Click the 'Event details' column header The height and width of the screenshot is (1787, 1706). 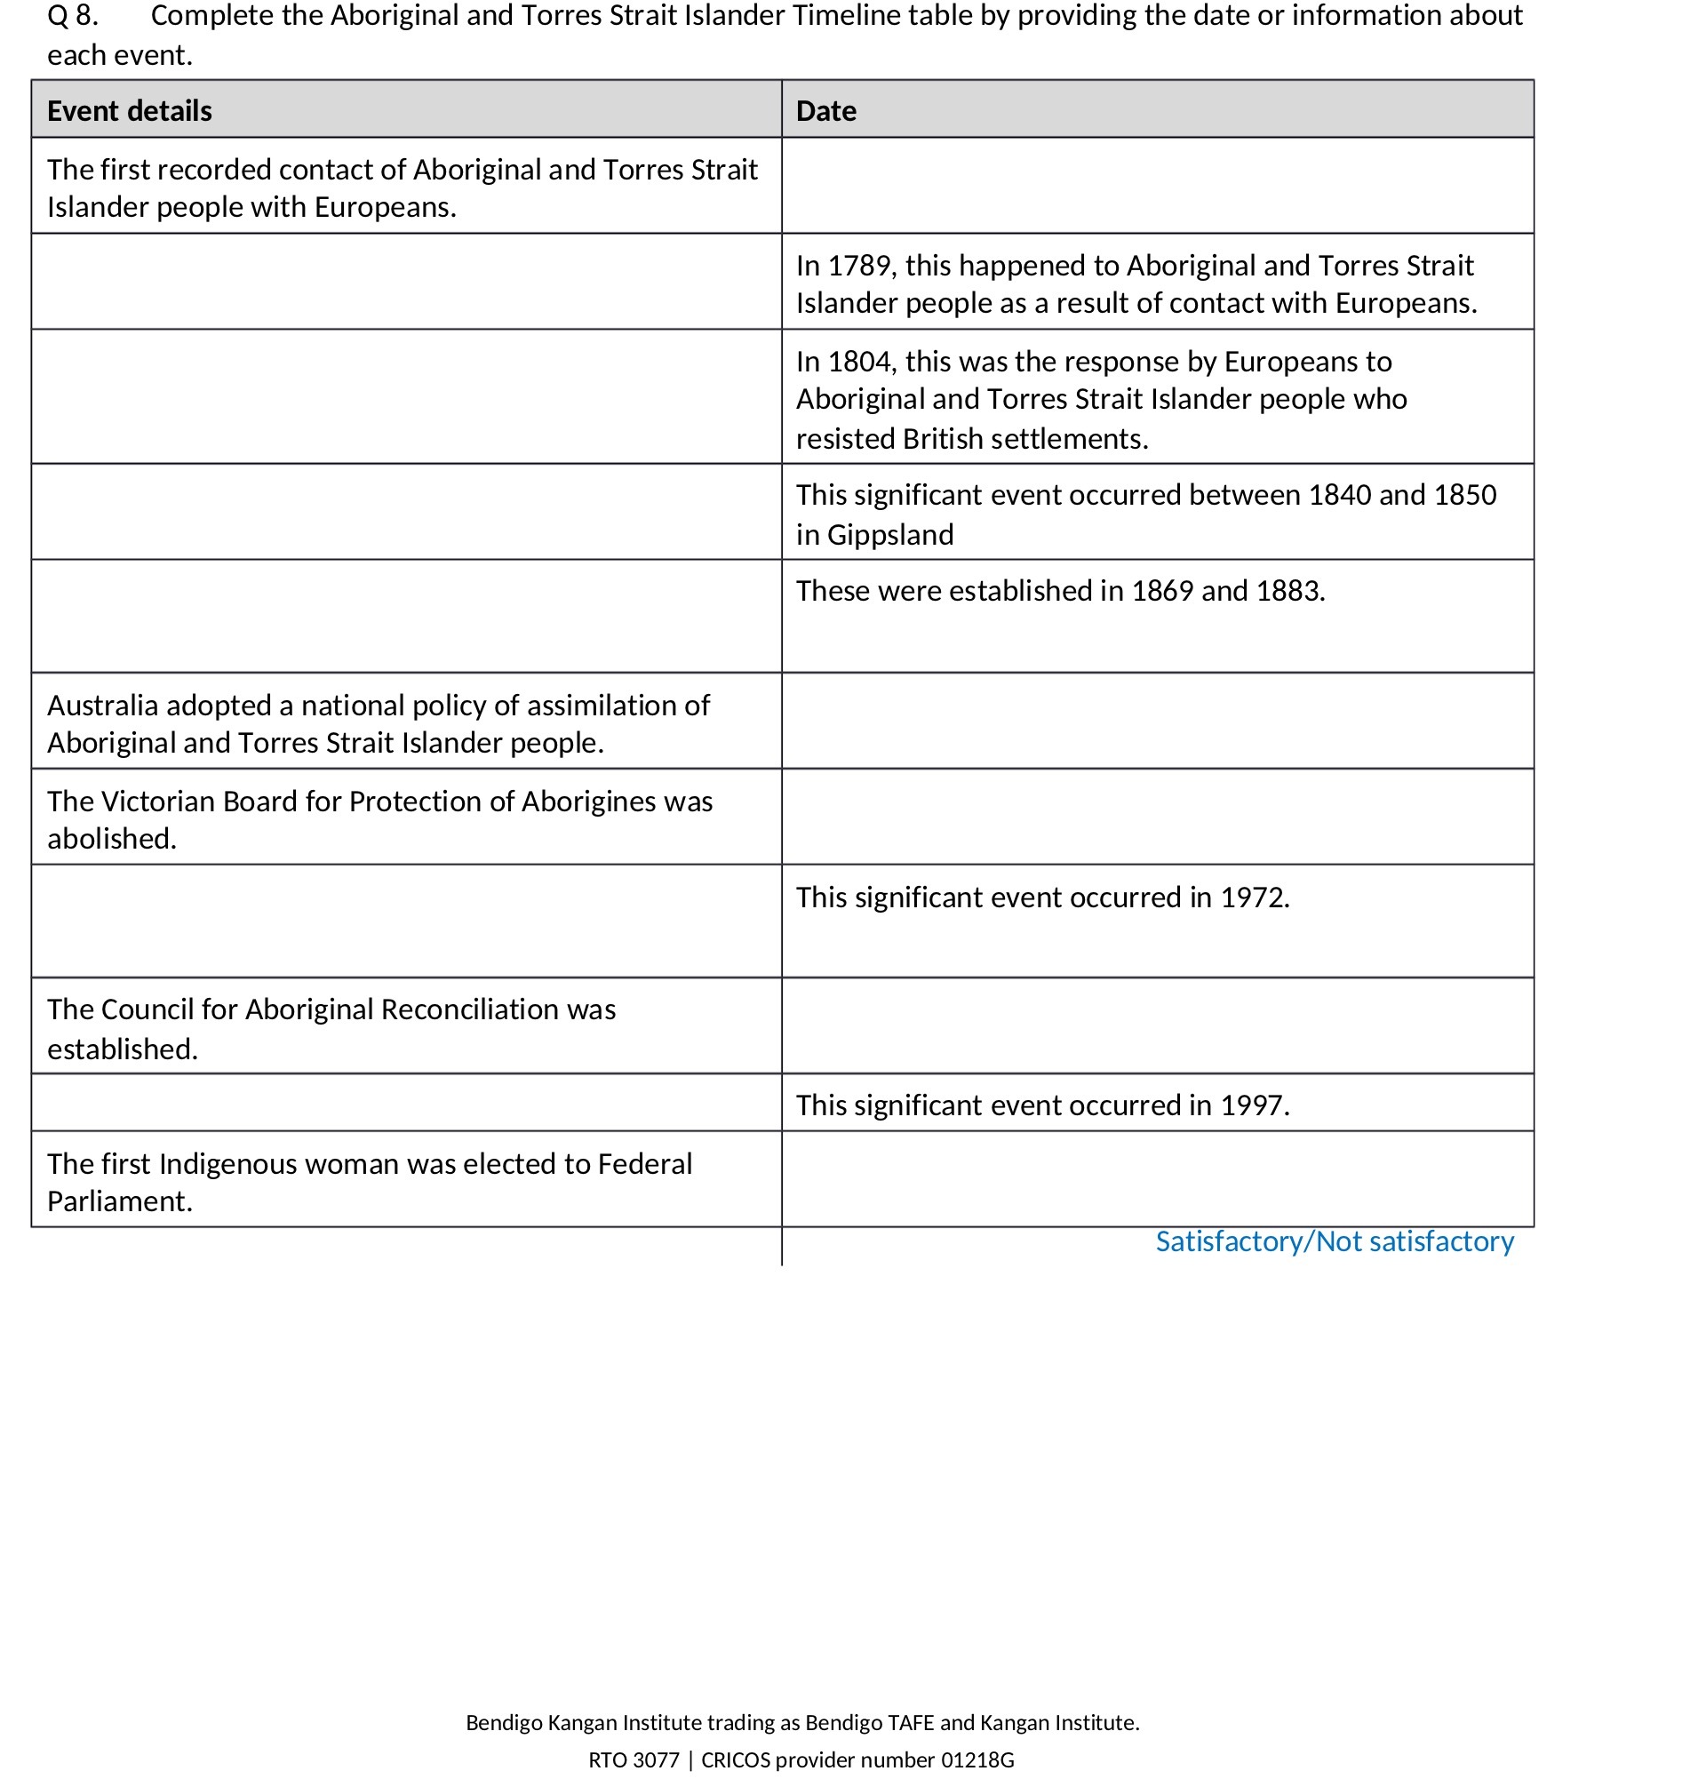coord(129,111)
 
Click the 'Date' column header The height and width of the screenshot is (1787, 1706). coord(825,111)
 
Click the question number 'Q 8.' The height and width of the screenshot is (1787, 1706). coord(73,15)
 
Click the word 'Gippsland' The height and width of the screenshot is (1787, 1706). coord(889,535)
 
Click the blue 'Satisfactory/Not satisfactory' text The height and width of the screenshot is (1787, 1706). coord(1334,1241)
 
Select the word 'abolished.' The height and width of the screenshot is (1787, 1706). coord(112,839)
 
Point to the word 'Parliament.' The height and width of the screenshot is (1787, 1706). coord(119,1201)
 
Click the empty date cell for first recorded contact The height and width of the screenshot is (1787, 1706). coord(1157,186)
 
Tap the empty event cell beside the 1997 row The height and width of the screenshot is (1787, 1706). coord(405,1103)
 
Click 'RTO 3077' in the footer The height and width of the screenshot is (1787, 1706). coord(634,1759)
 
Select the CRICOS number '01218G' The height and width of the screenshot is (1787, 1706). coord(977,1759)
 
